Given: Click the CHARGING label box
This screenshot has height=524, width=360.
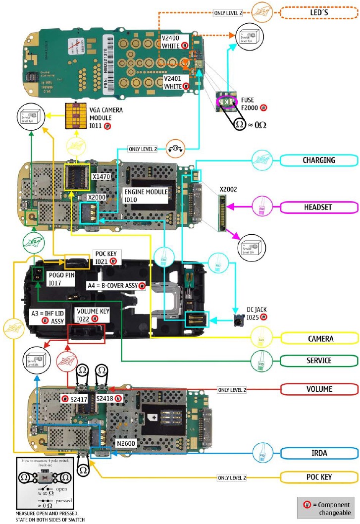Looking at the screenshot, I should click(318, 160).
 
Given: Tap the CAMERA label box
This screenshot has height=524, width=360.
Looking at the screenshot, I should click(318, 339).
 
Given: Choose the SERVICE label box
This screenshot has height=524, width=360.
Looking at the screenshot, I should click(318, 360).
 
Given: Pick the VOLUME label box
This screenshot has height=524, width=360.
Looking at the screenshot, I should click(318, 389).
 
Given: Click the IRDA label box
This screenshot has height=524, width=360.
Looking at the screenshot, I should click(318, 452).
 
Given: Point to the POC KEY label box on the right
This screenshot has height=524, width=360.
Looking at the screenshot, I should click(318, 477).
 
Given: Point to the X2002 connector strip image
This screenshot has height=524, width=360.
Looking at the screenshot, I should click(225, 213).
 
